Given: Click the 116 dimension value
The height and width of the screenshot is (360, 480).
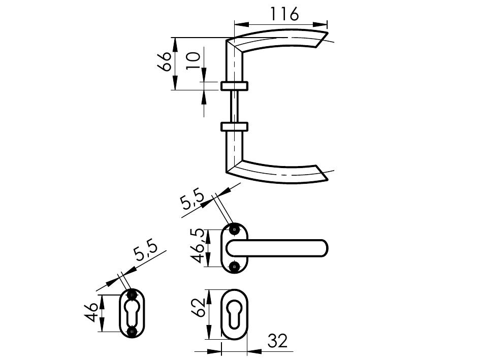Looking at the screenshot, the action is (x=284, y=14).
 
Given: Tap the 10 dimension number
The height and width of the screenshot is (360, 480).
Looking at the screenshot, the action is (x=194, y=61).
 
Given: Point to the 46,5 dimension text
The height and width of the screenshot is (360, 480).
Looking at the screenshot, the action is (x=198, y=246).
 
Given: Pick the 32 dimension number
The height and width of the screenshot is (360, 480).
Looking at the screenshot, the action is (x=278, y=341).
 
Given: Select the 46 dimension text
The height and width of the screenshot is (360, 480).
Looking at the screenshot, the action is (x=91, y=313).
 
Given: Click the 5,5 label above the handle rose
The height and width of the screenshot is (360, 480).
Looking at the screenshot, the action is (x=192, y=200).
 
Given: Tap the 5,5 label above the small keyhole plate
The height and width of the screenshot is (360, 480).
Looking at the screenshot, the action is (x=146, y=251).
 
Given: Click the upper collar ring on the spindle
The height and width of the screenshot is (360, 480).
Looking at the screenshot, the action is (x=234, y=86).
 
